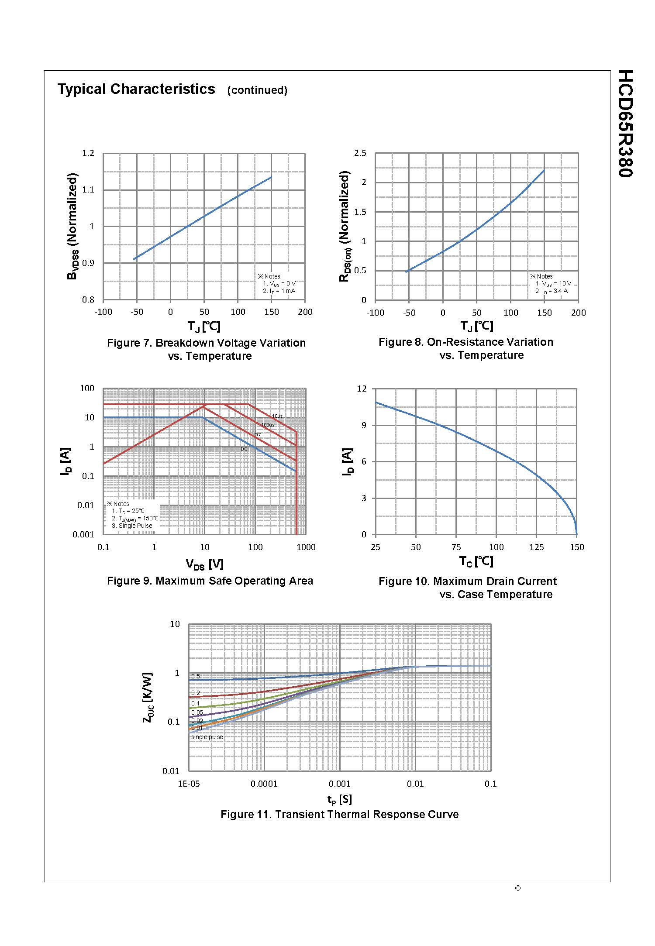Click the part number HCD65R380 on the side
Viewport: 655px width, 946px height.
(x=625, y=124)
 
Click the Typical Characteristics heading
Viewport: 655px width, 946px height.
(x=136, y=89)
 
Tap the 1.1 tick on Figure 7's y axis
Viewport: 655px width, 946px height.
(x=88, y=190)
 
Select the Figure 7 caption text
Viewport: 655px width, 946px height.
(x=207, y=349)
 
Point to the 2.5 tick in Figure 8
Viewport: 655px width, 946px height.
(x=360, y=153)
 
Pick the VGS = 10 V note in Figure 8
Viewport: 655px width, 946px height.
(x=553, y=284)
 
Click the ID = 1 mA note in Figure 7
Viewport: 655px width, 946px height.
(x=279, y=291)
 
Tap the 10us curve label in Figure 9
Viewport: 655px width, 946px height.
(x=277, y=416)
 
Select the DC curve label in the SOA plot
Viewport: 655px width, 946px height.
(x=244, y=449)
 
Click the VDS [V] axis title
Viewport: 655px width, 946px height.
(x=204, y=564)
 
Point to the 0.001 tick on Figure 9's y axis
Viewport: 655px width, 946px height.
(x=83, y=535)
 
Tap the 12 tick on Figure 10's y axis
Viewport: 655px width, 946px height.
(x=362, y=389)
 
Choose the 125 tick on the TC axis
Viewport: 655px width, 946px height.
(x=536, y=547)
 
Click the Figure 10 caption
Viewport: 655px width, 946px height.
(x=468, y=588)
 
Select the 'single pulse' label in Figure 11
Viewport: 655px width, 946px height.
(x=207, y=737)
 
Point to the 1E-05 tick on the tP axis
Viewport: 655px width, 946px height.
(x=189, y=784)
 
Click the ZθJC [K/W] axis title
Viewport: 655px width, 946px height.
(x=148, y=697)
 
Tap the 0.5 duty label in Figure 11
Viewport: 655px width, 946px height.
(x=196, y=677)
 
